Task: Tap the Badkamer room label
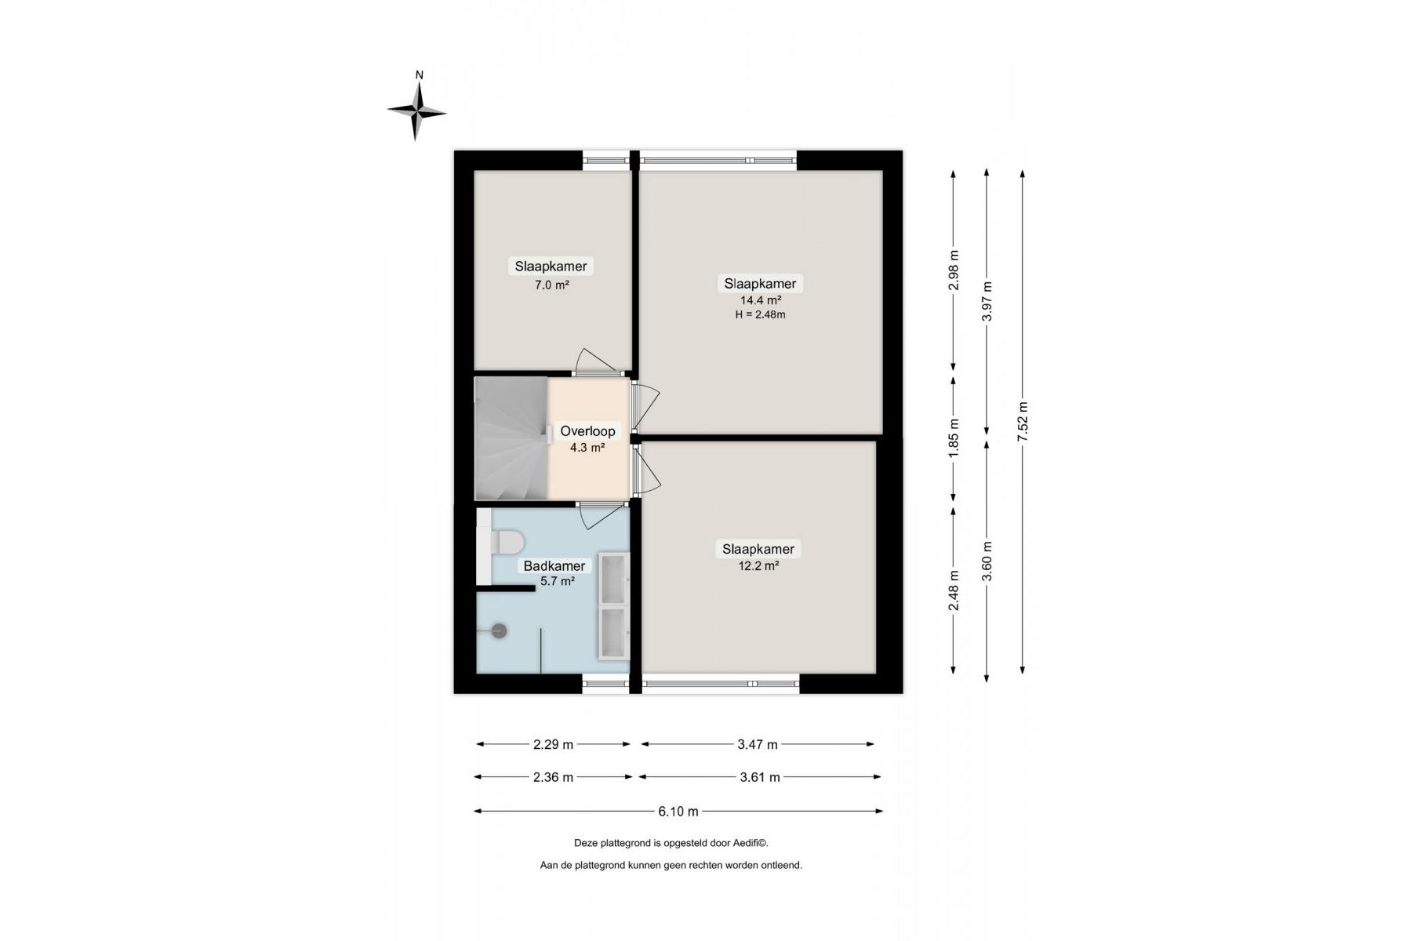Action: pos(554,566)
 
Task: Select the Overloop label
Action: pos(587,431)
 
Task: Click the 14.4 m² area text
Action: pos(761,300)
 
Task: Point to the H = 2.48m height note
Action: pos(760,315)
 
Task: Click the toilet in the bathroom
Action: pos(507,542)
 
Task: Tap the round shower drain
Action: pos(499,630)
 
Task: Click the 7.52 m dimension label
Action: pos(1023,422)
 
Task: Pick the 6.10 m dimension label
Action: pos(678,812)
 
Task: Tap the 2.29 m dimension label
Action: pos(553,744)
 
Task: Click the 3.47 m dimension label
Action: pos(758,744)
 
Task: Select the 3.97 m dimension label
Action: pos(987,301)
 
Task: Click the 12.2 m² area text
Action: pos(758,565)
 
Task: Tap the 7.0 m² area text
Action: pos(551,285)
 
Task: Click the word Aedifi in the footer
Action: pos(749,843)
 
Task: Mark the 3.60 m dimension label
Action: pos(987,561)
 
